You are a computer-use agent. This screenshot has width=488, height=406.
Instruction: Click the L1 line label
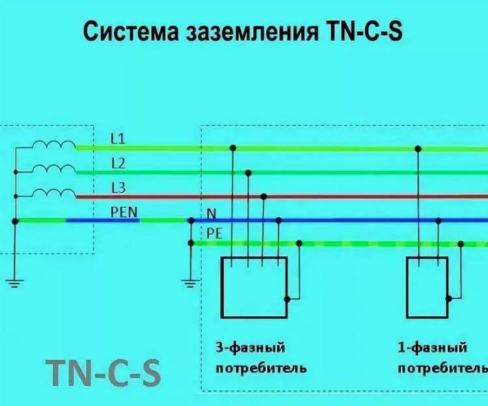118,139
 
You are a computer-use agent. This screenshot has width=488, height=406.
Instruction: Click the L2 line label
118,163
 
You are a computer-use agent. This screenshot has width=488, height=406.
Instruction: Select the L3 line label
118,188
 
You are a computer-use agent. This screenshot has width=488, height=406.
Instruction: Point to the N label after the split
211,213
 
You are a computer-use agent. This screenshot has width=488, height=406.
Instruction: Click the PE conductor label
215,233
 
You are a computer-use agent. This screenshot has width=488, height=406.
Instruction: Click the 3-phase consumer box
254,286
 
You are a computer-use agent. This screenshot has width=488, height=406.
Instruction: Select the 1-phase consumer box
427,286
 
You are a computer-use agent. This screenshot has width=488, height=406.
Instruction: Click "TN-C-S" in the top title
362,31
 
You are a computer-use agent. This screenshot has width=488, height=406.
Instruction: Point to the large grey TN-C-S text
104,372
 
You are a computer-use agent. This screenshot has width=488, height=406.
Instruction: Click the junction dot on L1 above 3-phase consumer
233,148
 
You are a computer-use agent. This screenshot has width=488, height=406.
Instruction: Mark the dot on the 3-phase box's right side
287,299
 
